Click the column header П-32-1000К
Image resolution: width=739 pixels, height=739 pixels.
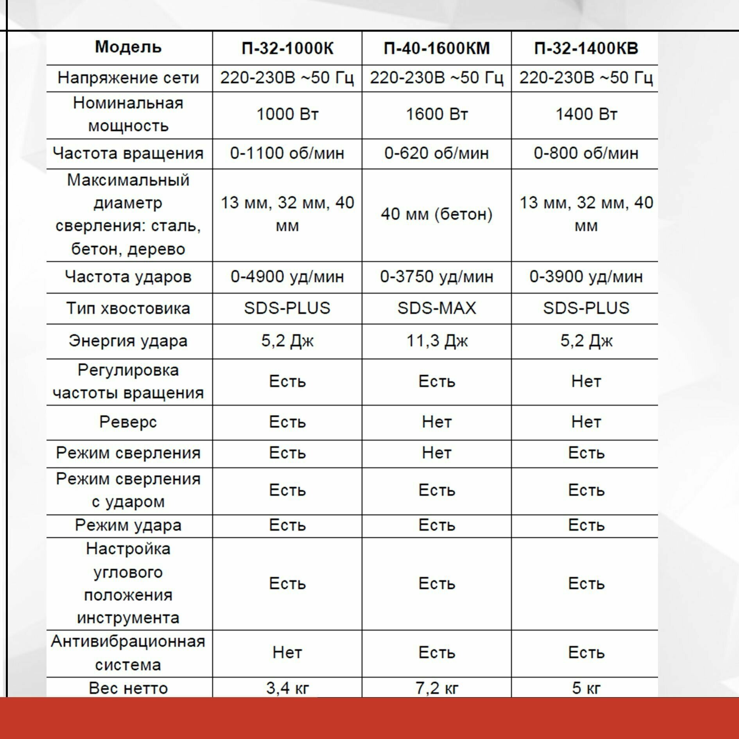[x=287, y=48]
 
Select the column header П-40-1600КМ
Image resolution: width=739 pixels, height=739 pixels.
[x=436, y=48]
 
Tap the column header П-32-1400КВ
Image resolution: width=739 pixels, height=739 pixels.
[x=586, y=48]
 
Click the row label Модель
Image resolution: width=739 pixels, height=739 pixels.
[x=128, y=47]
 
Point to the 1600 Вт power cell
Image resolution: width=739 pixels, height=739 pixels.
[x=436, y=114]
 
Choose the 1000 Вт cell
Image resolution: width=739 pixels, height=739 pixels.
[x=287, y=114]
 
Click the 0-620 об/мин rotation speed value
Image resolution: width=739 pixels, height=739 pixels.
[x=436, y=153]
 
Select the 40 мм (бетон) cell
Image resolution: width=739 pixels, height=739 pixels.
[x=436, y=214]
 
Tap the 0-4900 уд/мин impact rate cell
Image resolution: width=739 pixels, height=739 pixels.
[x=287, y=276]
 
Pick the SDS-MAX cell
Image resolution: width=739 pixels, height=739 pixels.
[x=436, y=308]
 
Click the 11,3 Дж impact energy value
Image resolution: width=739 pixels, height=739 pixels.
[x=436, y=341]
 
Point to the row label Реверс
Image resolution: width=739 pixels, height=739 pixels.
[x=128, y=422]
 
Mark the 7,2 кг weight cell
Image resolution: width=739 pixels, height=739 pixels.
[x=436, y=688]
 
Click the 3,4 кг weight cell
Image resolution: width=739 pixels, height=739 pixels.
[x=287, y=688]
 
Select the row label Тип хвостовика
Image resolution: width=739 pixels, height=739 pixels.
[x=128, y=308]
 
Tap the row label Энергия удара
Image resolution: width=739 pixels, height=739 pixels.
[x=128, y=341]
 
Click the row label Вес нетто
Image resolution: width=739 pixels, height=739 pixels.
[x=128, y=688]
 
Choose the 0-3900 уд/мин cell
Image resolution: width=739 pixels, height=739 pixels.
[x=586, y=276]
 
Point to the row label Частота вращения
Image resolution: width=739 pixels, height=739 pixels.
[x=128, y=153]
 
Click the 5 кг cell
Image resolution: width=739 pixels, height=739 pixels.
[x=586, y=688]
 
